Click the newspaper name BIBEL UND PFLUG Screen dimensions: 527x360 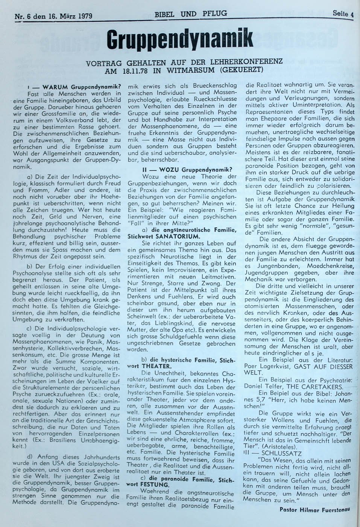coord(191,14)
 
